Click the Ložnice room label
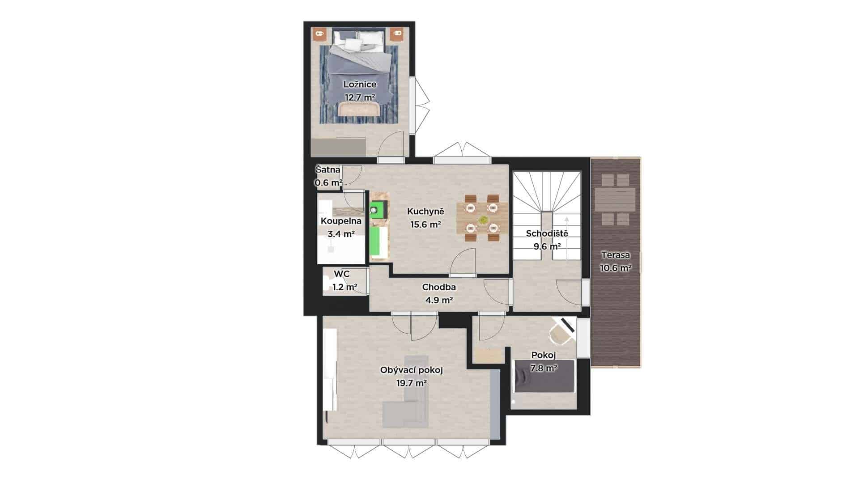pos(360,85)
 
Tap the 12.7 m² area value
pos(360,97)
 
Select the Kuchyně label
pos(425,212)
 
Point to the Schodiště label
pos(547,233)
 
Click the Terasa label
pos(616,255)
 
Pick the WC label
pos(342,274)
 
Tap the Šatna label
pos(328,170)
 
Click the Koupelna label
pos(341,221)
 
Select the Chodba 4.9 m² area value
pos(439,300)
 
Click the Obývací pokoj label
pos(411,370)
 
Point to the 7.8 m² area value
pos(544,369)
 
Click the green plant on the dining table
pos(483,220)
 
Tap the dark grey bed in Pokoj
pos(544,377)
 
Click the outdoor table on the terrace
pos(616,200)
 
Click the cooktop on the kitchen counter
pos(374,210)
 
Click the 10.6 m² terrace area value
pos(616,268)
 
